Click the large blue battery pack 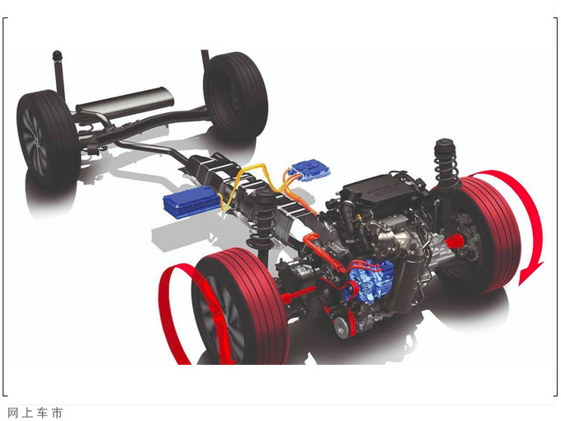(x=191, y=203)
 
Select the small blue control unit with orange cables (x=310, y=170)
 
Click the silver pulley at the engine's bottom (x=342, y=327)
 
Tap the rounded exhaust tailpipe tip (x=57, y=56)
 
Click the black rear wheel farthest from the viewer (x=236, y=96)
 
